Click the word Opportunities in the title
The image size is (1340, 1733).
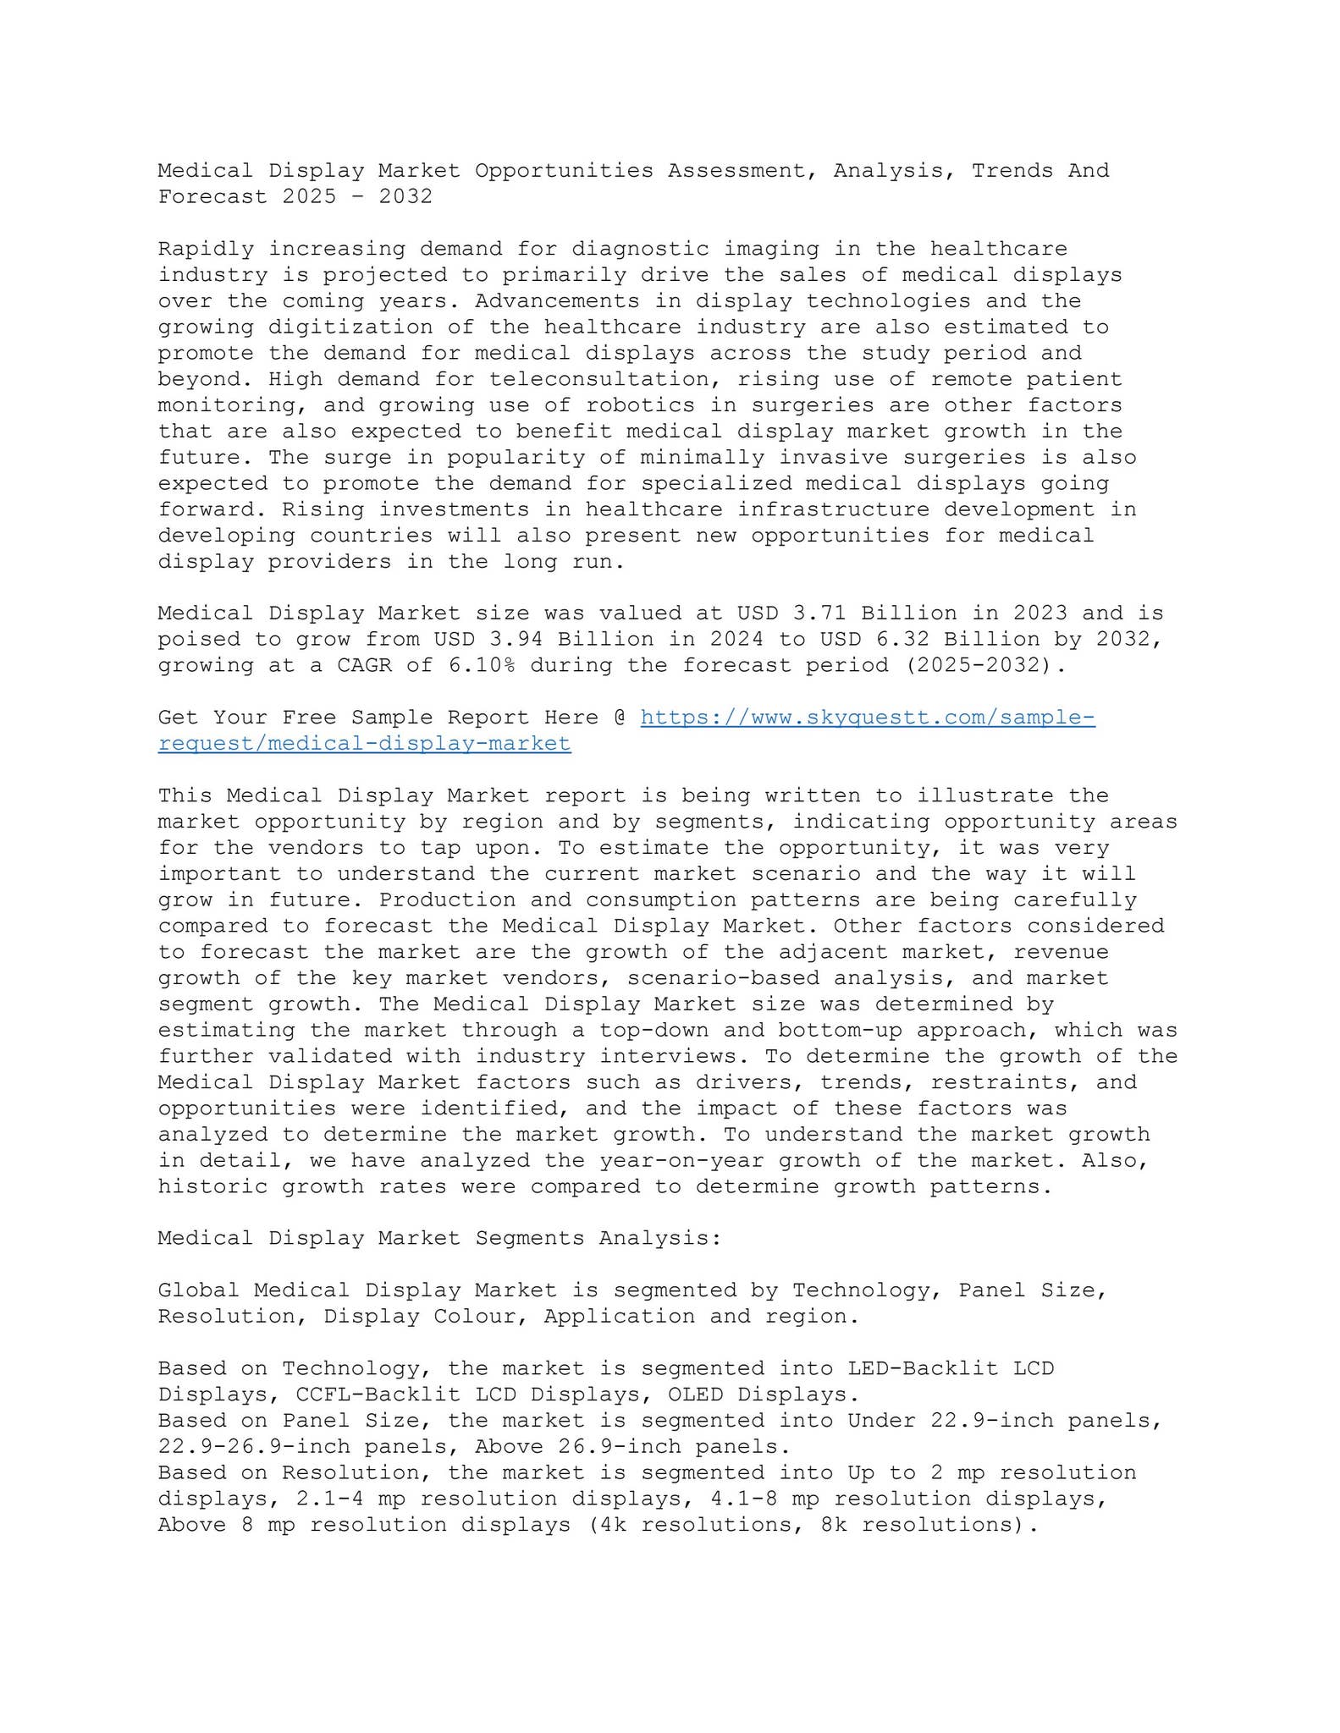(564, 170)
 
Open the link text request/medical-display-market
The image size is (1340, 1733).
(364, 744)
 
